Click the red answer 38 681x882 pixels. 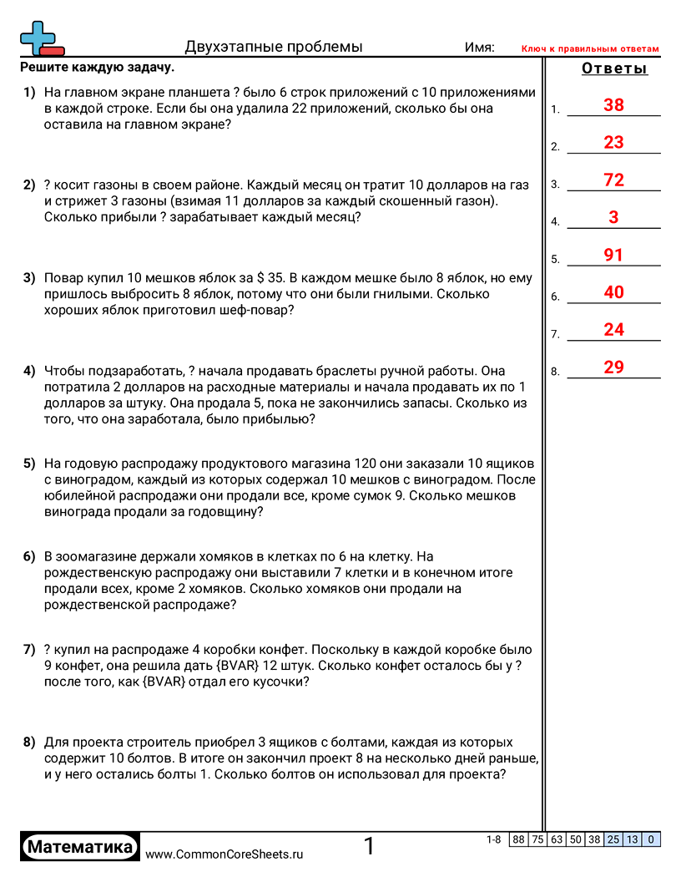click(613, 105)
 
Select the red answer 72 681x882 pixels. click(613, 180)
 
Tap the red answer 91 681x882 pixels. click(613, 256)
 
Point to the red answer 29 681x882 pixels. click(613, 367)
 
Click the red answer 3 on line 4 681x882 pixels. click(613, 218)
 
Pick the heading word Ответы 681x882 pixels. click(614, 69)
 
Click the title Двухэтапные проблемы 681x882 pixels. click(274, 47)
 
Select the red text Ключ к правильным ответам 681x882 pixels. click(590, 49)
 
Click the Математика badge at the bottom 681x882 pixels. click(80, 847)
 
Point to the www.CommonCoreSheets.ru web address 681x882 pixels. click(224, 854)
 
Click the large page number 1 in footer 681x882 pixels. click(369, 847)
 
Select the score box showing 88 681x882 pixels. click(518, 839)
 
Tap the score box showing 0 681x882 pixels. click(651, 839)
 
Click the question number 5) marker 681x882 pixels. click(29, 464)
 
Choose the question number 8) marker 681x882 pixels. click(29, 743)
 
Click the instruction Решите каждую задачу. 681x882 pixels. click(98, 68)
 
